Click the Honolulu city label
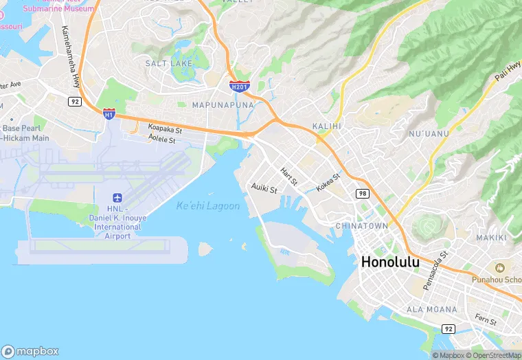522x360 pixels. (x=389, y=262)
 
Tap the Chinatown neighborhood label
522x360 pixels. (x=362, y=225)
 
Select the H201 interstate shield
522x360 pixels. (x=239, y=87)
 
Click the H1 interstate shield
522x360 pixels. (x=109, y=113)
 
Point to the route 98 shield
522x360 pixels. (x=363, y=194)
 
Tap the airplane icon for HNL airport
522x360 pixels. (x=117, y=198)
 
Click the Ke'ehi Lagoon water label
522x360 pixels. (x=208, y=206)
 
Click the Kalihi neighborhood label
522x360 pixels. (x=326, y=126)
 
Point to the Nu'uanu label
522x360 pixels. (x=429, y=133)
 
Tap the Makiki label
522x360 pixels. (x=491, y=238)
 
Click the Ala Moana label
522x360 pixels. (x=431, y=310)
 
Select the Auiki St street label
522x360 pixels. (x=264, y=188)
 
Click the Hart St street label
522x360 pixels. (x=289, y=177)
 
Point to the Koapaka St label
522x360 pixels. (x=165, y=129)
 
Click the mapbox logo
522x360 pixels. (x=30, y=351)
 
